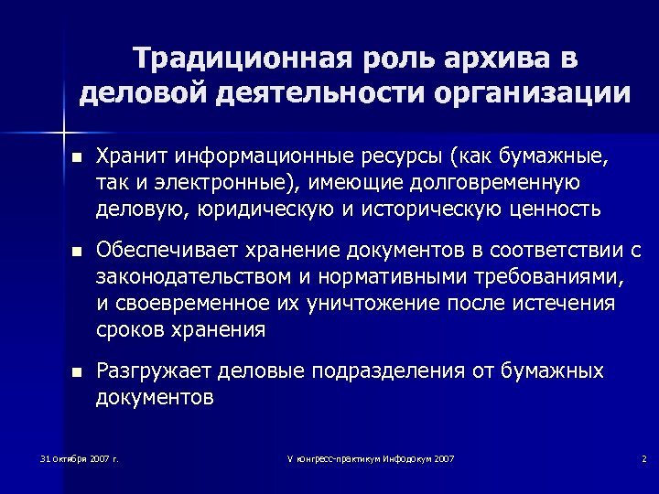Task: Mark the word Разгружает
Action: (153, 371)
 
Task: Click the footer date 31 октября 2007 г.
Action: (80, 457)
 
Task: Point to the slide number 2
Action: (644, 457)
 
